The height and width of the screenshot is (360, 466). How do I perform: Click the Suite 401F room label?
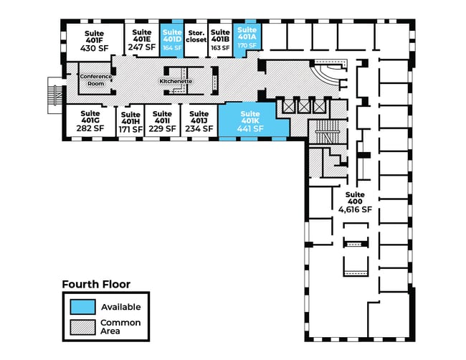pyautogui.click(x=94, y=34)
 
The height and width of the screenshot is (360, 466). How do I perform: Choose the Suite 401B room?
pyautogui.click(x=220, y=39)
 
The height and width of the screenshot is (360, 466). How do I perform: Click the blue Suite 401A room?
pyautogui.click(x=247, y=37)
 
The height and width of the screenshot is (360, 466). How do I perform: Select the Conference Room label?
pyautogui.click(x=96, y=80)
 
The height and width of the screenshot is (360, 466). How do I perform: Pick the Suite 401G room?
pyautogui.click(x=90, y=121)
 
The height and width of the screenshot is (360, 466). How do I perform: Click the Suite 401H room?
pyautogui.click(x=130, y=123)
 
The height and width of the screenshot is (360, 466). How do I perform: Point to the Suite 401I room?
pyautogui.click(x=162, y=121)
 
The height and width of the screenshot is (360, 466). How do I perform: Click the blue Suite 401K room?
pyautogui.click(x=250, y=121)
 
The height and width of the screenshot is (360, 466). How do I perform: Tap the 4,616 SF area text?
pyautogui.click(x=355, y=210)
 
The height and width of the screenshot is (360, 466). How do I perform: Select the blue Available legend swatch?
pyautogui.click(x=82, y=306)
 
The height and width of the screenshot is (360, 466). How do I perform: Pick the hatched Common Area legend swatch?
pyautogui.click(x=82, y=327)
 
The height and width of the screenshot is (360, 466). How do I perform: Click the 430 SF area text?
pyautogui.click(x=94, y=47)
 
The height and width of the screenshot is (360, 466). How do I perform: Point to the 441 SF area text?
pyautogui.click(x=250, y=128)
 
